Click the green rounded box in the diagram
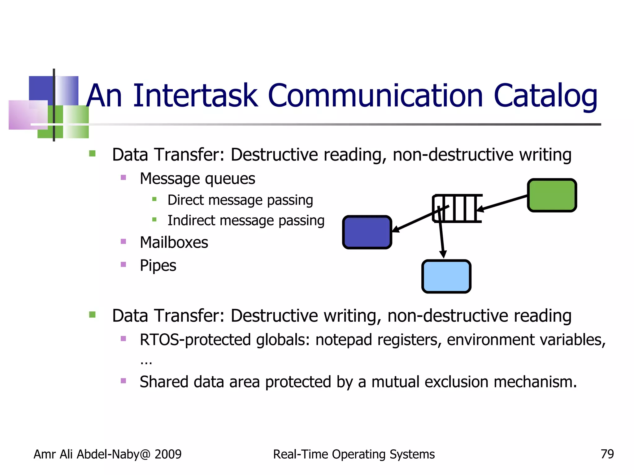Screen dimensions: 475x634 pos(552,195)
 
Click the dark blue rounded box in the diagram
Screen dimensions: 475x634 pos(367,232)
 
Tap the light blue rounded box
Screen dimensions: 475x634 pos(446,276)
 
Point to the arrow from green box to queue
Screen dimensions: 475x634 pos(503,203)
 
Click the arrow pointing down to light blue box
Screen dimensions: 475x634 pos(441,235)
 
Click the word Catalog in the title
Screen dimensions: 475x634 pos(545,96)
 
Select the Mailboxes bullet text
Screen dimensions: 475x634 pos(174,242)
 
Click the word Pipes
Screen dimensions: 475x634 pos(158,265)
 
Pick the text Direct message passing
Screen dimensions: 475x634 pos(240,200)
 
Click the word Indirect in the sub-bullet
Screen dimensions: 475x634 pos(191,220)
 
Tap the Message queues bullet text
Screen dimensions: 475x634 pos(197,178)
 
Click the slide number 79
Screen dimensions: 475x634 pos(607,454)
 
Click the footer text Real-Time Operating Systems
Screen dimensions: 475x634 pos(354,454)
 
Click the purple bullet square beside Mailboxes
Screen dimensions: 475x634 pos(123,242)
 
